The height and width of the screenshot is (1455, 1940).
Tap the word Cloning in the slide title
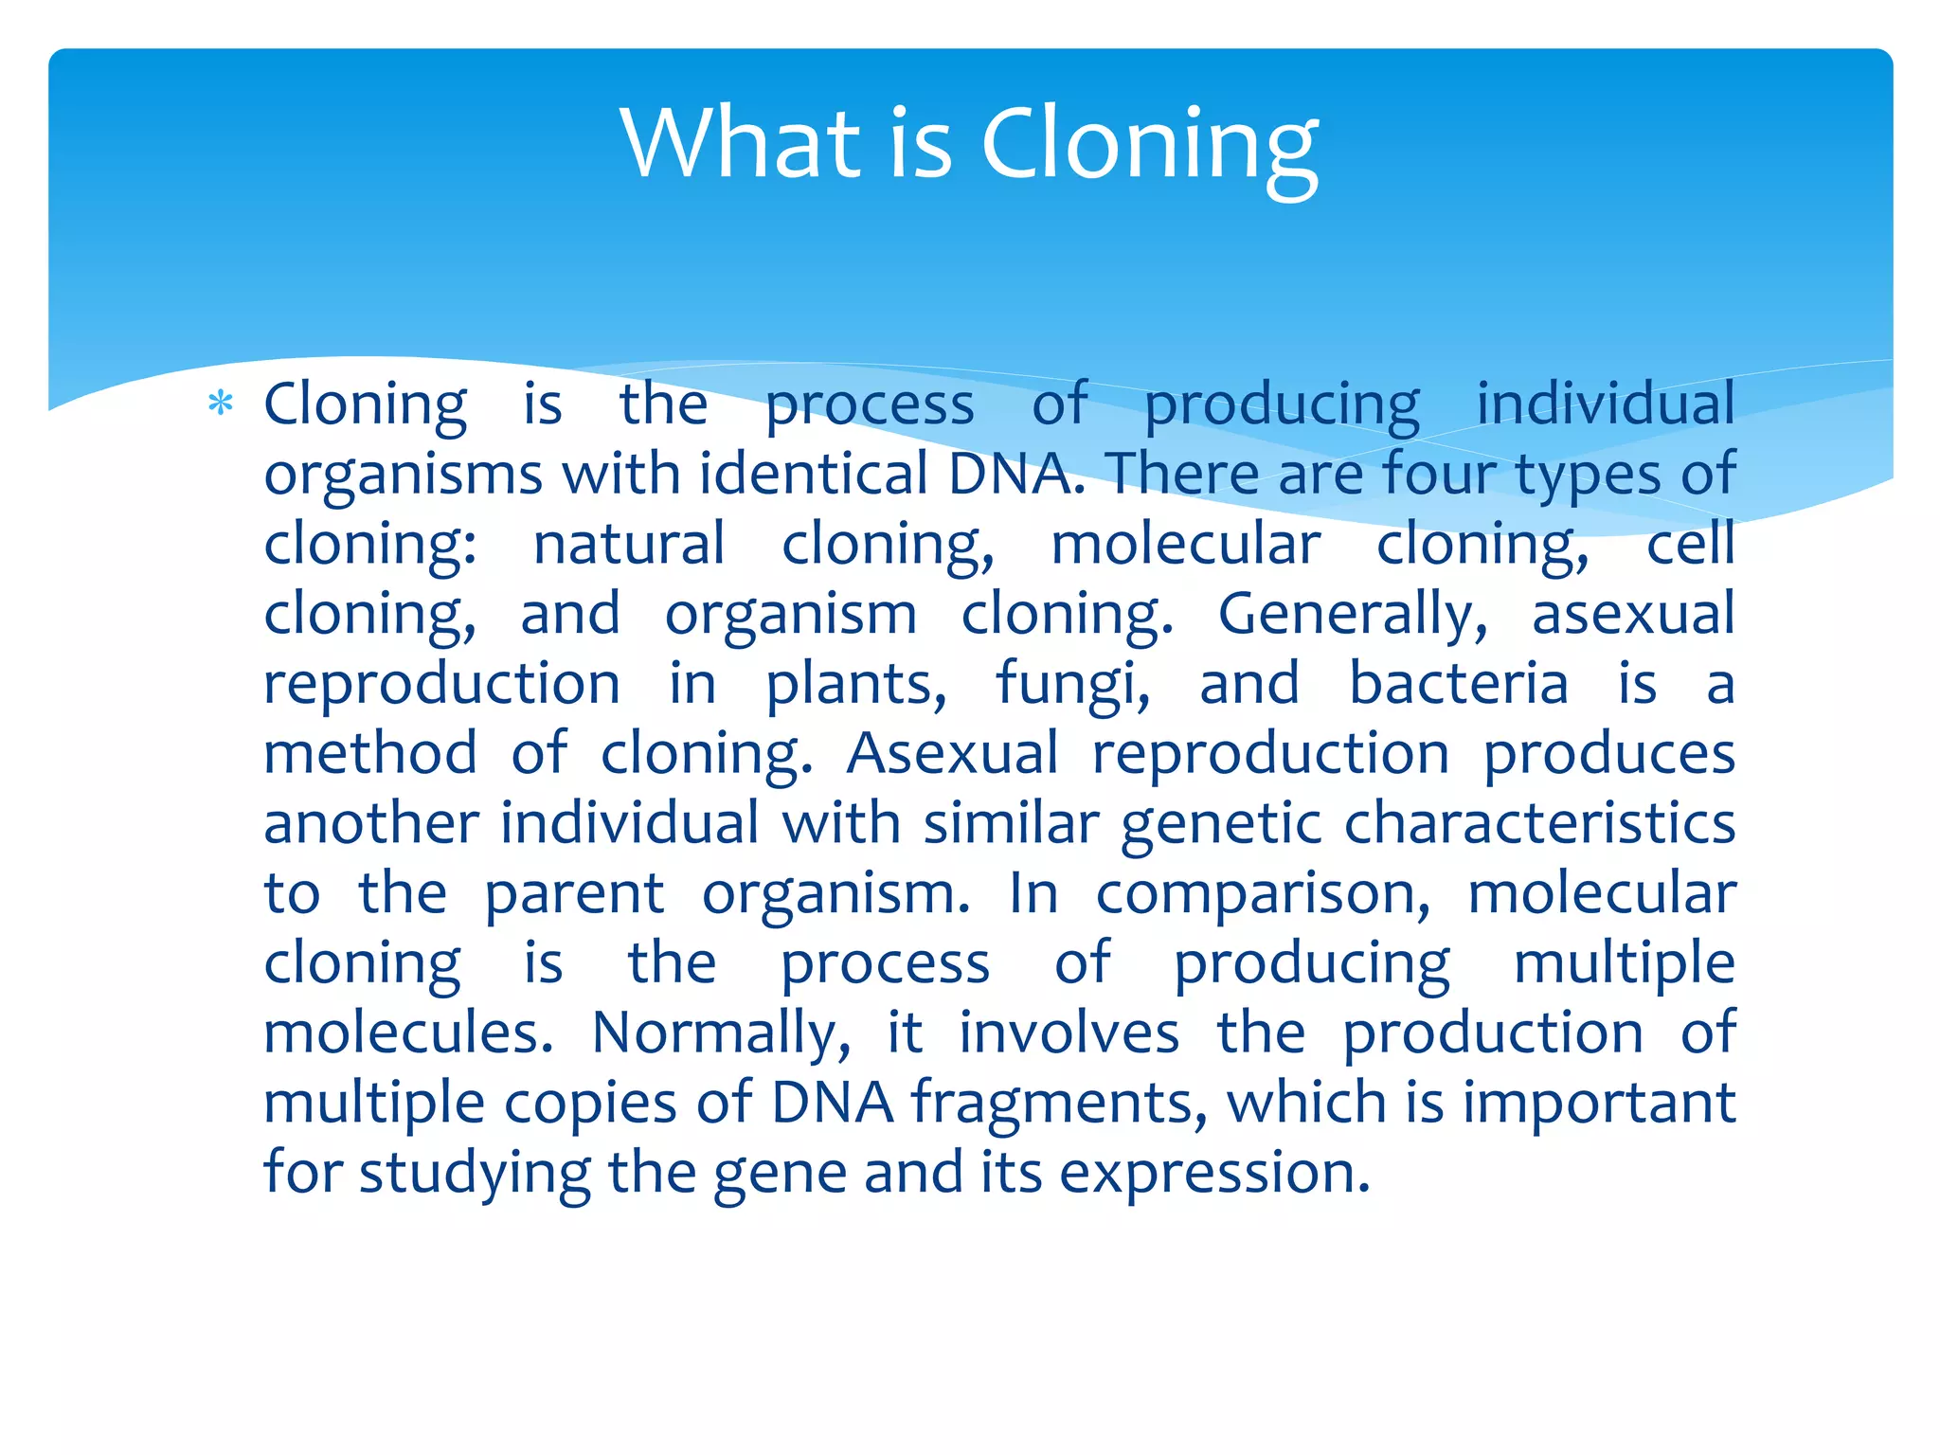1149,144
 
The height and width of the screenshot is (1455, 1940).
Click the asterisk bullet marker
221,404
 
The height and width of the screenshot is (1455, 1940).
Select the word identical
814,473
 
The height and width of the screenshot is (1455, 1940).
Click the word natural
629,544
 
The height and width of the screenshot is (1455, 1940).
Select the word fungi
1072,684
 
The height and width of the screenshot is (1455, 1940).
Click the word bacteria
1458,684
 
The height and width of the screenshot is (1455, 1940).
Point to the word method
370,753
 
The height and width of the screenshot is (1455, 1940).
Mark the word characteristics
1539,823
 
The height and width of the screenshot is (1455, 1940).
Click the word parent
574,893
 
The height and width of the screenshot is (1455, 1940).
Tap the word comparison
1263,893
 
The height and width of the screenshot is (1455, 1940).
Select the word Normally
721,1033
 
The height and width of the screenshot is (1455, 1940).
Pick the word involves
1069,1033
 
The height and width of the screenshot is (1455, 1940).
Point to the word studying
475,1173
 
